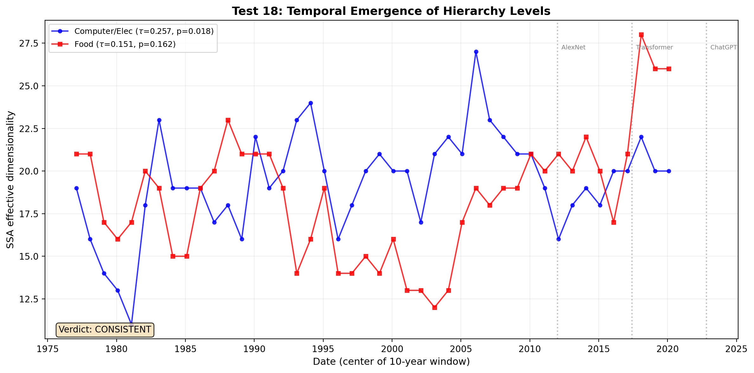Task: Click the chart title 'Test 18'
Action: click(x=391, y=11)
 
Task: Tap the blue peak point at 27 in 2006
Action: click(x=476, y=52)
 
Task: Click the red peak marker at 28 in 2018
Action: click(x=641, y=35)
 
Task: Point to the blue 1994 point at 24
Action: click(x=311, y=103)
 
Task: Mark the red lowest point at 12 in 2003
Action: click(x=435, y=307)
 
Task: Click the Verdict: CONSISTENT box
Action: click(x=105, y=330)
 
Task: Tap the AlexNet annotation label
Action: click(x=573, y=47)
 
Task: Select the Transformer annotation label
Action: click(x=654, y=47)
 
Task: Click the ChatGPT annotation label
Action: click(x=723, y=47)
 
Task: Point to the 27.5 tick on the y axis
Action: click(x=29, y=43)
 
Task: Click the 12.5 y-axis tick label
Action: click(x=29, y=299)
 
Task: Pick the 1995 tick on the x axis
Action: click(x=323, y=349)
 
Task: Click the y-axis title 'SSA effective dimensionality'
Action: click(x=10, y=180)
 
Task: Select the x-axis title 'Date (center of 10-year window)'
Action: click(x=391, y=362)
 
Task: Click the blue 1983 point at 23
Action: click(x=159, y=120)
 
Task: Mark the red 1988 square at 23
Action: click(x=228, y=120)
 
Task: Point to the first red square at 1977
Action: click(x=76, y=154)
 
